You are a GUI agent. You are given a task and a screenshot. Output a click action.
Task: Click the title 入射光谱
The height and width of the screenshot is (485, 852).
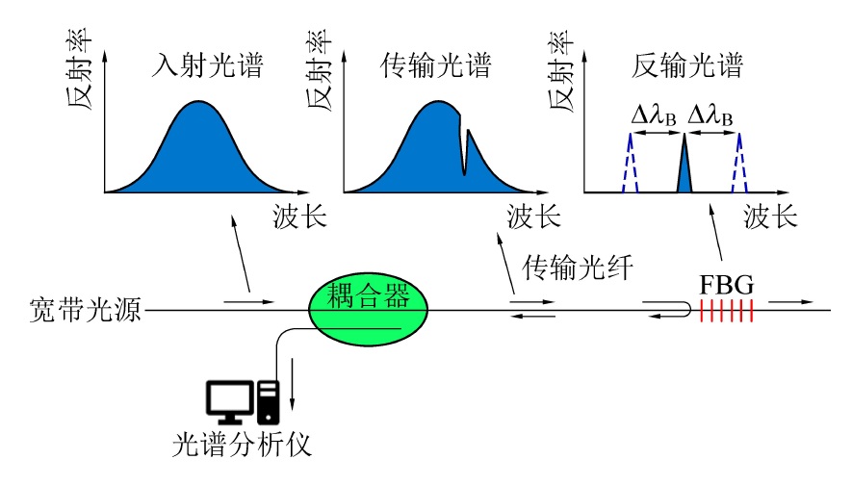pyautogui.click(x=208, y=66)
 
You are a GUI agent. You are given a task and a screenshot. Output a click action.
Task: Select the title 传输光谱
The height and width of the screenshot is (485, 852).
pyautogui.click(x=436, y=66)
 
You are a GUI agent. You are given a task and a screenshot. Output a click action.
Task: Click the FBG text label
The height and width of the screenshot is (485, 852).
pyautogui.click(x=725, y=285)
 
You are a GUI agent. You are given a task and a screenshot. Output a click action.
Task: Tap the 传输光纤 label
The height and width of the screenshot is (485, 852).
pyautogui.click(x=576, y=269)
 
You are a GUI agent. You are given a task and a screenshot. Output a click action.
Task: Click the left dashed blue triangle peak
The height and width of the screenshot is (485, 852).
pyautogui.click(x=630, y=164)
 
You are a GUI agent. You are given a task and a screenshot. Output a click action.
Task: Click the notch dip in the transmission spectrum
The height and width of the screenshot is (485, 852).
pyautogui.click(x=463, y=159)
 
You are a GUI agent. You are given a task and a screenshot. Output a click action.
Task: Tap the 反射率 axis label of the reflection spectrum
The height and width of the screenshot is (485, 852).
pyautogui.click(x=562, y=71)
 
